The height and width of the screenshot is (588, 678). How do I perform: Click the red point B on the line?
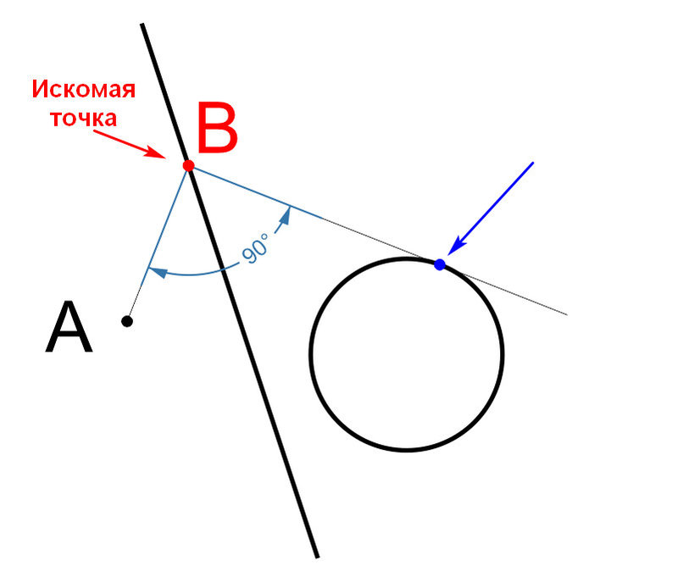tap(188, 165)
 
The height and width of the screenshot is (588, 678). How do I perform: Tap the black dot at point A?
tap(126, 321)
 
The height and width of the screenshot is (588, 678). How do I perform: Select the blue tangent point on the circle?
tap(440, 264)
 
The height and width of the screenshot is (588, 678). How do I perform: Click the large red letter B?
tap(218, 128)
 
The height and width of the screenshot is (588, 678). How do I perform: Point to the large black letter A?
tap(69, 327)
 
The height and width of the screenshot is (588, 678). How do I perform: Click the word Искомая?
tap(84, 89)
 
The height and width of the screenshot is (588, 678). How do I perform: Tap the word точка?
tap(84, 118)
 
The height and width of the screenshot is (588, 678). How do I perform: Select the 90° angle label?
tap(255, 247)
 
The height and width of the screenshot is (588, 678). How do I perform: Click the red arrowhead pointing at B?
tap(157, 153)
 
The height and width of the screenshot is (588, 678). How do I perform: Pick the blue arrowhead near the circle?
tap(456, 247)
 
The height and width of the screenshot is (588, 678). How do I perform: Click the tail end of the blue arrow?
tap(533, 163)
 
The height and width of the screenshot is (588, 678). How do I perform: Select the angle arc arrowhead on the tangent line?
tap(285, 216)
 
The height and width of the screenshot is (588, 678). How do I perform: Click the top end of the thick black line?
tap(142, 25)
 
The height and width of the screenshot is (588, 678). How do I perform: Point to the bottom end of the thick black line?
tap(317, 557)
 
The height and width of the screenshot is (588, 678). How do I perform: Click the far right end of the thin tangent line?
tap(567, 314)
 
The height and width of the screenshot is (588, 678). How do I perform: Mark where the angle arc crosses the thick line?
tap(223, 269)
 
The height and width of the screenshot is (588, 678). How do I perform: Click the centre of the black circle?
tap(407, 354)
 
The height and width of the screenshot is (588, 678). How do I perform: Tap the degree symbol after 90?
tap(264, 236)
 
